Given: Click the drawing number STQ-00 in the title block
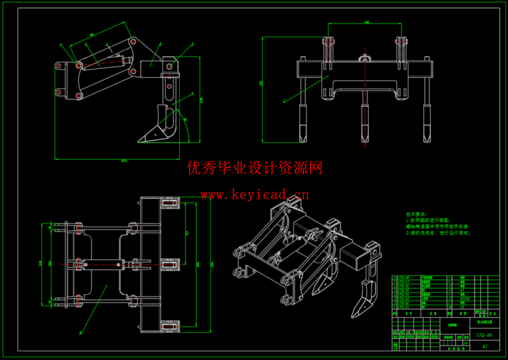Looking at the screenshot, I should coord(483,335).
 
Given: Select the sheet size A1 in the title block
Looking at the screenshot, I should coord(485,346).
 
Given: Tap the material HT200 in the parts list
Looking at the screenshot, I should coord(465,299).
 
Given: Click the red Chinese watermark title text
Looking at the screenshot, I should coord(255,168).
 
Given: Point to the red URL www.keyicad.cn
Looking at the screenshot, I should coord(255,195).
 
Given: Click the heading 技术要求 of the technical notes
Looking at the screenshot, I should coord(416,215).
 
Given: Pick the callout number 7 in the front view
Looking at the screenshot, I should coord(284,101).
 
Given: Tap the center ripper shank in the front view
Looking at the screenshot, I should coord(365,123).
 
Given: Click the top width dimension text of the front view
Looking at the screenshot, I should coord(366,22).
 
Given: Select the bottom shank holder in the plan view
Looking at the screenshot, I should coord(170,327).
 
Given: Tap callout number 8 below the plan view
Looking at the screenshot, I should coord(81,333).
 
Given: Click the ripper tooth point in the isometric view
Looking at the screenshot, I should coord(354,315).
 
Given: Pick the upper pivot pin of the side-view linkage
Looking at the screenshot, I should coord(132,41).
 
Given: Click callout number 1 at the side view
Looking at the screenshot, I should coord(61,45).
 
